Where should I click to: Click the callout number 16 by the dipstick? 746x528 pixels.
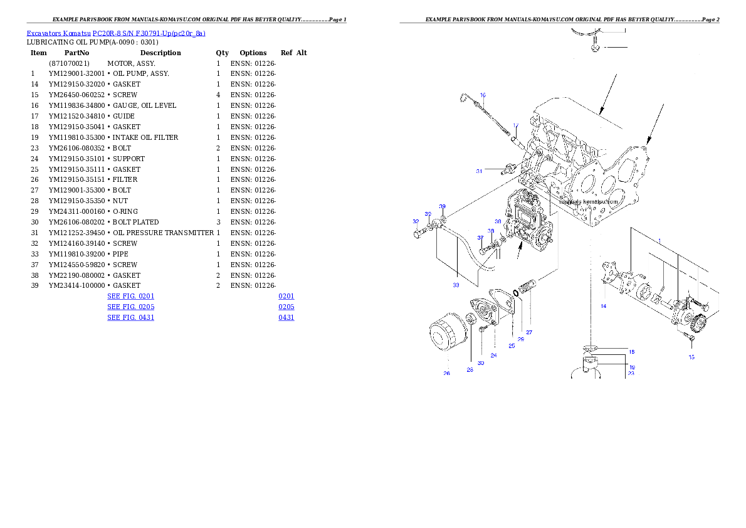pyautogui.click(x=483, y=95)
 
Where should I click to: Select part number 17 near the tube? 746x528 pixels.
pyautogui.click(x=515, y=125)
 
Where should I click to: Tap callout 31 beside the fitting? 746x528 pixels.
pyautogui.click(x=479, y=171)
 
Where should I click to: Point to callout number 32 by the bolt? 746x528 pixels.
pyautogui.click(x=416, y=221)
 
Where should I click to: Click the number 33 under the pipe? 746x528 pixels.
pyautogui.click(x=456, y=285)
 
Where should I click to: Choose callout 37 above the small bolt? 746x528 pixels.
pyautogui.click(x=480, y=238)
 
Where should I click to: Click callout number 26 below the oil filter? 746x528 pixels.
pyautogui.click(x=446, y=373)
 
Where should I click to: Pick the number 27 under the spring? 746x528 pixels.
pyautogui.click(x=528, y=332)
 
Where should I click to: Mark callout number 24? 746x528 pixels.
pyautogui.click(x=493, y=356)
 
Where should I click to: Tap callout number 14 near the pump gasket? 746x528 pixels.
pyautogui.click(x=603, y=306)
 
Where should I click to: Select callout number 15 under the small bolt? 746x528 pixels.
pyautogui.click(x=691, y=357)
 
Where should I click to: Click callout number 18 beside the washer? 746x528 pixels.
pyautogui.click(x=632, y=352)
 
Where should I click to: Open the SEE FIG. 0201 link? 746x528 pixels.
pyautogui.click(x=130, y=295)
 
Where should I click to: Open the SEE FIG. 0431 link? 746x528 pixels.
pyautogui.click(x=130, y=318)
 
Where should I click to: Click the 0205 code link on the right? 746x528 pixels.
pyautogui.click(x=286, y=307)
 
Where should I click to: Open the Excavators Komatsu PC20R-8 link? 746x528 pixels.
pyautogui.click(x=116, y=33)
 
